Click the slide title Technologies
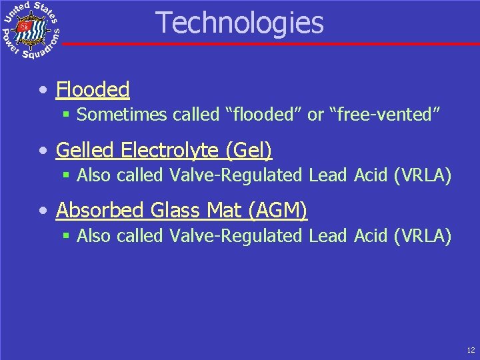(x=240, y=23)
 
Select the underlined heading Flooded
(x=93, y=89)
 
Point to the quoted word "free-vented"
(x=385, y=115)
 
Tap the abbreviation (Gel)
(x=249, y=151)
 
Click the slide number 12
(x=471, y=349)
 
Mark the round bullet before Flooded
(x=43, y=90)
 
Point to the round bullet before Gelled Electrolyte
(x=43, y=151)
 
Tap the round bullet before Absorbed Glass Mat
(x=43, y=211)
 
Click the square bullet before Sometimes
(x=67, y=115)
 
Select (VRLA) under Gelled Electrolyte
(x=423, y=176)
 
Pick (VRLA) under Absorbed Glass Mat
(x=423, y=236)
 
